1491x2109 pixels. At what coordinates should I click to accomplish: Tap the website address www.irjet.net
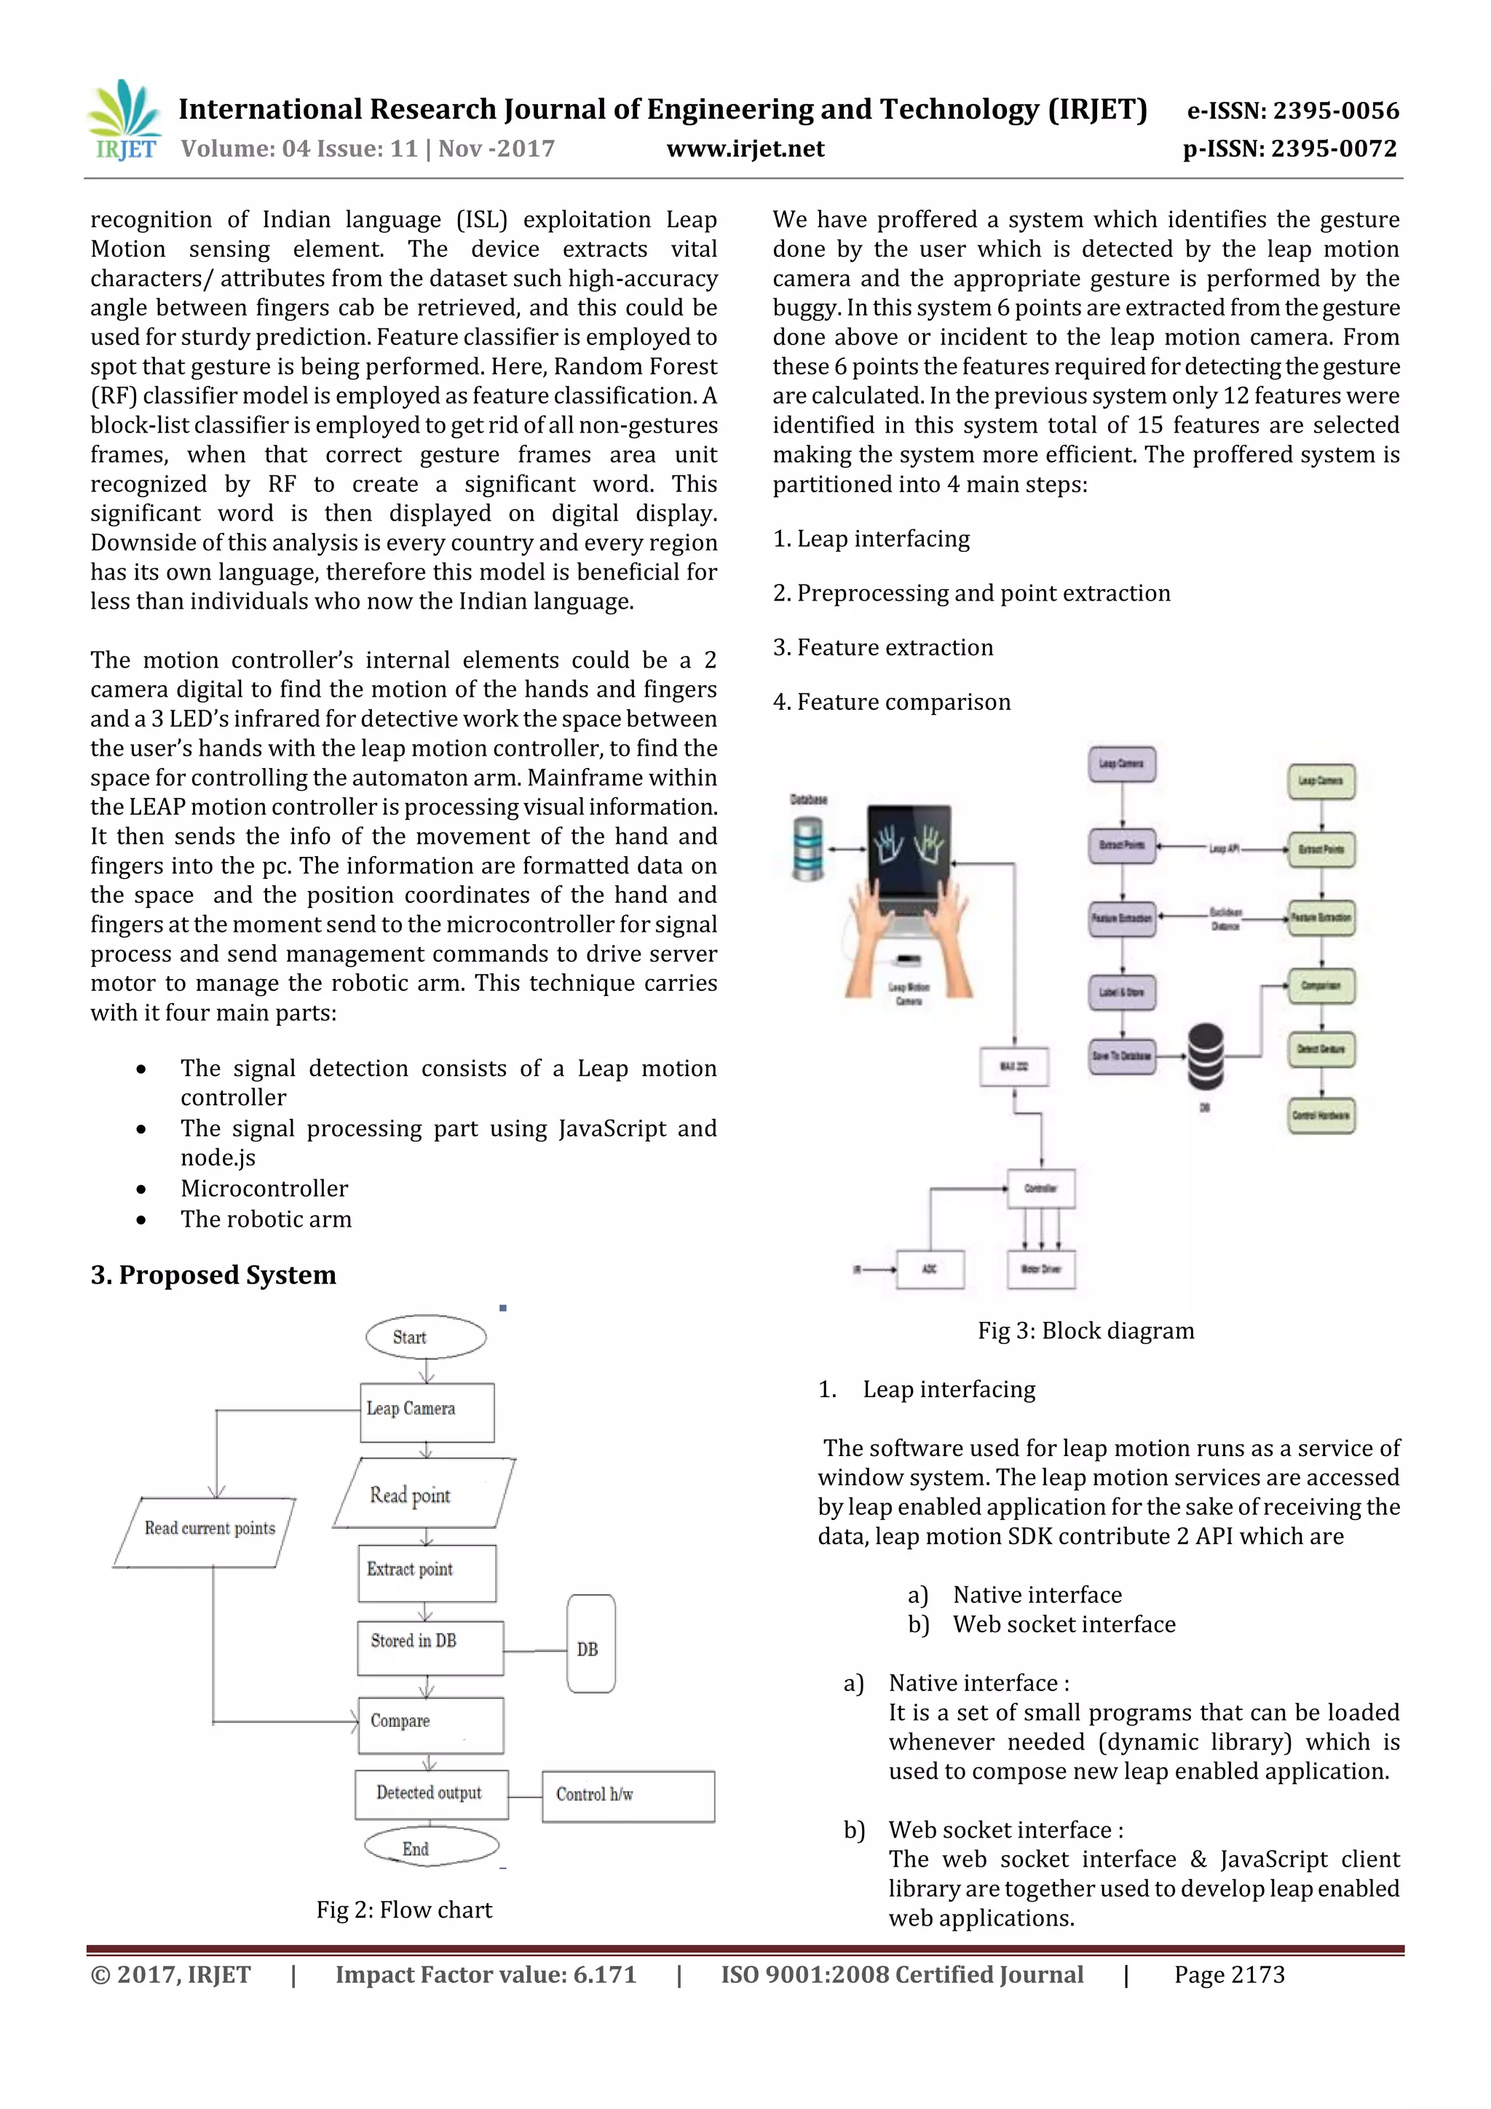745,149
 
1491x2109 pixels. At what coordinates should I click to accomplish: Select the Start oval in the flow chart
425,1337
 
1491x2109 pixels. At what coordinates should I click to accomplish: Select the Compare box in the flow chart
430,1724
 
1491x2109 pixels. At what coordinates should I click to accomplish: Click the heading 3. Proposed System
213,1275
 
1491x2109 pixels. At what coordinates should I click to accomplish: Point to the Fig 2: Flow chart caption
404,1910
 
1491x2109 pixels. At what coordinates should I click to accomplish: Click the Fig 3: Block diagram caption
1085,1330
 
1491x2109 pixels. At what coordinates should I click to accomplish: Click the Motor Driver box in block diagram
1041,1268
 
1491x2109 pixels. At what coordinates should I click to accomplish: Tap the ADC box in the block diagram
930,1268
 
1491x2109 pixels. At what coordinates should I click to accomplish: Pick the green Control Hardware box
1320,1115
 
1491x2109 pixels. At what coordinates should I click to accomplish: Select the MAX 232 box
1013,1066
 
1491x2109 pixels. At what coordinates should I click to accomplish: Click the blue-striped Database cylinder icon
807,849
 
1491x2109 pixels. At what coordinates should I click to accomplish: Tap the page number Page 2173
1228,1974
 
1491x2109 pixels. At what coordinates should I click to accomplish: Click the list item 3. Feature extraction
883,648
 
